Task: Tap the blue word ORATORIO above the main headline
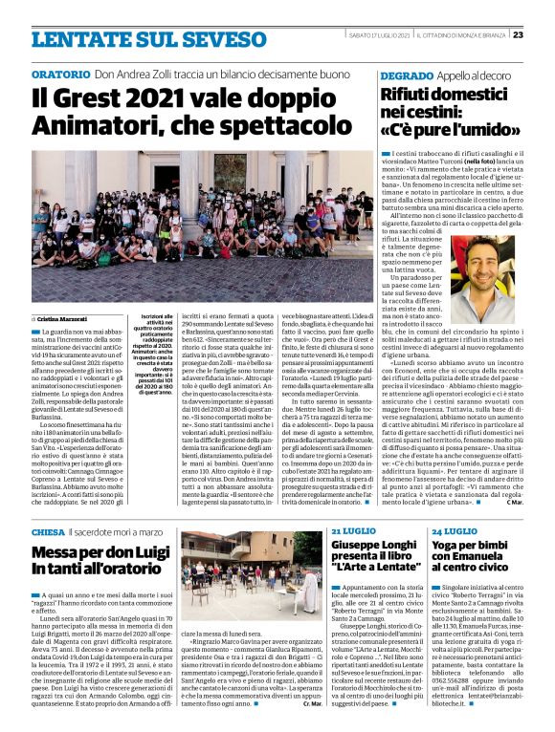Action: coord(60,75)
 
